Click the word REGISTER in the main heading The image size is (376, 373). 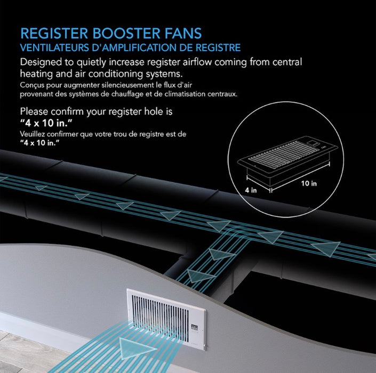pos(54,33)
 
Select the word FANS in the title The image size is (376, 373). pos(182,33)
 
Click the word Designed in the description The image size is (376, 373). pos(41,62)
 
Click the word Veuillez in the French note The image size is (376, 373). pos(32,134)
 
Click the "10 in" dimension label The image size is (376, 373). pos(309,183)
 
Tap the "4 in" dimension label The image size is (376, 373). pos(251,190)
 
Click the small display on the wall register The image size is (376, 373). pos(194,328)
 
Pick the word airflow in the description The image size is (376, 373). pos(197,62)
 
